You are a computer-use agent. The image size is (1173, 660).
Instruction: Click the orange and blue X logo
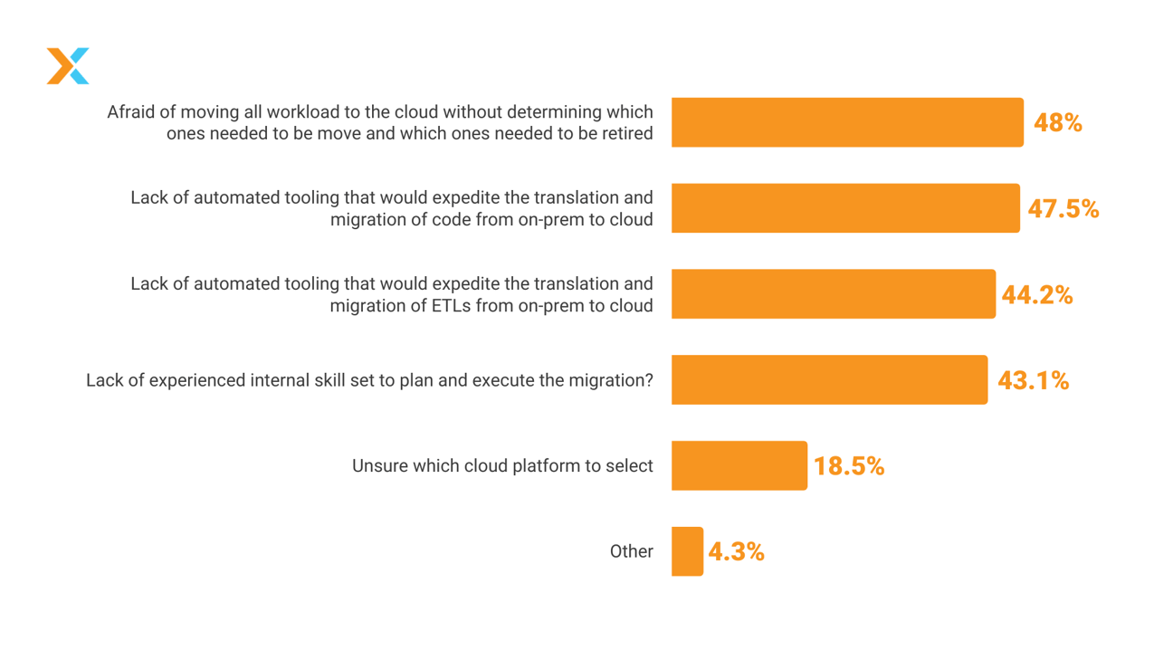point(68,66)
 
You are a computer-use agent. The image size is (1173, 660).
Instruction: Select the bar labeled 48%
point(846,122)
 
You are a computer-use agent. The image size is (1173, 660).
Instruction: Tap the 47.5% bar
point(844,208)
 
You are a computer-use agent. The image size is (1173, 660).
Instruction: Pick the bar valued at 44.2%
point(833,294)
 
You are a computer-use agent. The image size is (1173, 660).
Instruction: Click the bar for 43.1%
point(829,380)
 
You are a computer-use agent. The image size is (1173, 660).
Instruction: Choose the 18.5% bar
point(739,465)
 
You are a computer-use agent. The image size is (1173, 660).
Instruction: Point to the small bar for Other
point(687,551)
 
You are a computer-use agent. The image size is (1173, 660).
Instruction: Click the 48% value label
point(1057,123)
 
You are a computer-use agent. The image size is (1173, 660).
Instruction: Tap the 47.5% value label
point(1063,209)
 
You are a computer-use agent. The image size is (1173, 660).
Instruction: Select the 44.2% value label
point(1036,295)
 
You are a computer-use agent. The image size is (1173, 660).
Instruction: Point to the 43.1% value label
point(1033,381)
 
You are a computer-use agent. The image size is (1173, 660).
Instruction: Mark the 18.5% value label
point(848,466)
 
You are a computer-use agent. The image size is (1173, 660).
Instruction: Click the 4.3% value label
point(736,552)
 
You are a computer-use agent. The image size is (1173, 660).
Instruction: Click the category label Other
point(631,551)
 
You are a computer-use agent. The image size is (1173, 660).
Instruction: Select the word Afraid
point(132,112)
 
